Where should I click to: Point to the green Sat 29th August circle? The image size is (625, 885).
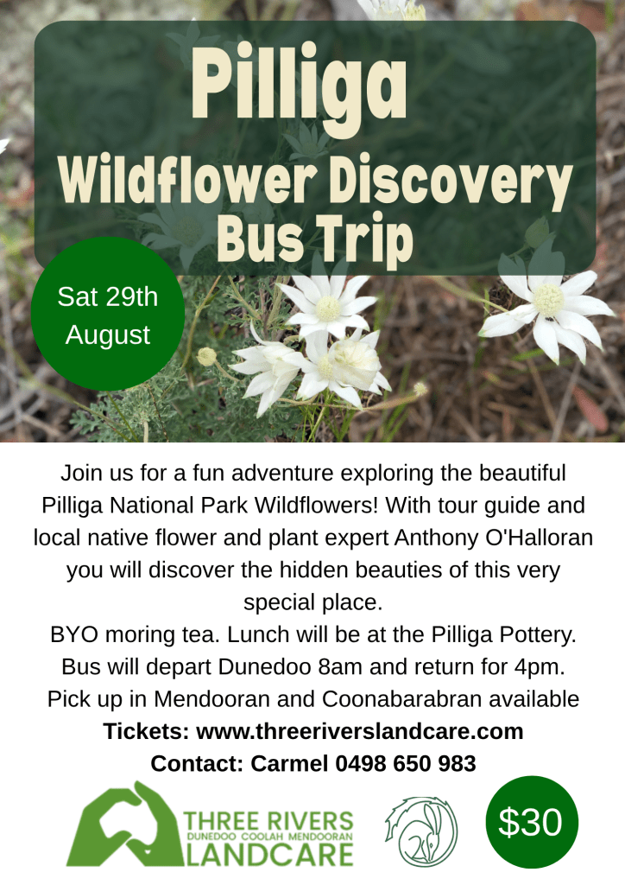tap(108, 314)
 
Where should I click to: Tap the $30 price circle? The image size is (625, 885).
tap(532, 822)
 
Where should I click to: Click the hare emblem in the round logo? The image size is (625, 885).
tap(421, 831)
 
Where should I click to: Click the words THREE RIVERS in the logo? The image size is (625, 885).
tap(268, 821)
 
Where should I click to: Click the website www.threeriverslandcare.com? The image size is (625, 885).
tap(360, 731)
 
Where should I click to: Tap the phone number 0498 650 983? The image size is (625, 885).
tap(406, 763)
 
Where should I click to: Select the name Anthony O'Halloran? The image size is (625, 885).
tap(494, 538)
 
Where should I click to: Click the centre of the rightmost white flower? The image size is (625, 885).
tap(548, 300)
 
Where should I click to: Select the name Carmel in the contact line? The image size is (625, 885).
tap(289, 763)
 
